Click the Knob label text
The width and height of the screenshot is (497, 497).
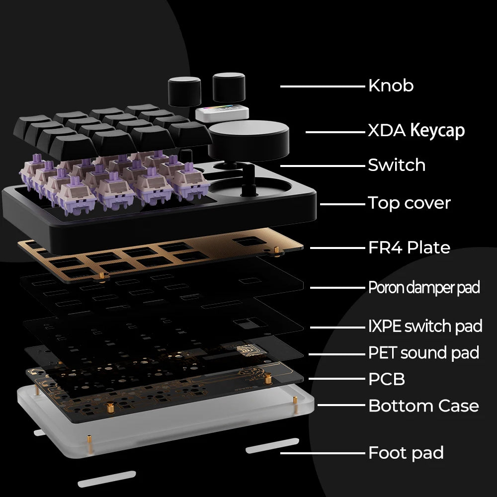pos(391,85)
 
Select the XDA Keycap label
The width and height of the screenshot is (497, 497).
pos(416,131)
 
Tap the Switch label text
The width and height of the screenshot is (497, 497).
pos(397,165)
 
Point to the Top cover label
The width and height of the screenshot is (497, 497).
pos(409,203)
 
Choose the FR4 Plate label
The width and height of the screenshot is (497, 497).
pos(409,248)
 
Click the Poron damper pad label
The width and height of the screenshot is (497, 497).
pos(424,287)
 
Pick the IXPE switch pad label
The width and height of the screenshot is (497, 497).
pos(425,326)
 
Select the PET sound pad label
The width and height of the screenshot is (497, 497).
pos(423,353)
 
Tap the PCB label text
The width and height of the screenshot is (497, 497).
pos(387,379)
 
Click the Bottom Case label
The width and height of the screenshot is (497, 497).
pos(423,406)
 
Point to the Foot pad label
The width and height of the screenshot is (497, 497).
pos(406,453)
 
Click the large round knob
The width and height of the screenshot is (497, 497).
pos(248,140)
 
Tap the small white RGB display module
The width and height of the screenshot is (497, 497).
pos(222,113)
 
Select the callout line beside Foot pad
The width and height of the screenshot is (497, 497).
pos(323,453)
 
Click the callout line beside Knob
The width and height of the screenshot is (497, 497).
pos(323,86)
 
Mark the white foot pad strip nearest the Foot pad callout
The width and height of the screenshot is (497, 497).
pos(272,445)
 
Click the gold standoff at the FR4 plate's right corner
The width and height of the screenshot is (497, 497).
pos(277,250)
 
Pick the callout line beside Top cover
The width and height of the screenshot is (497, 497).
pos(342,204)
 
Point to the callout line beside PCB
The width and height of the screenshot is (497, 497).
pos(337,379)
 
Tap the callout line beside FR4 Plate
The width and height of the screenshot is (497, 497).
pos(337,248)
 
